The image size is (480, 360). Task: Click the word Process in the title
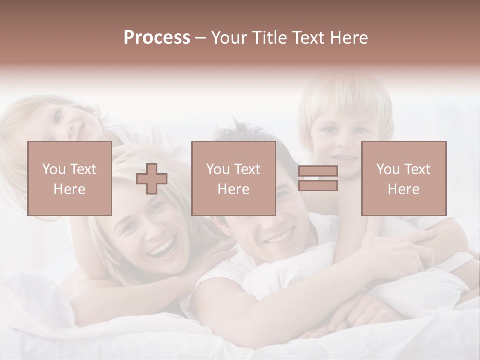[157, 38]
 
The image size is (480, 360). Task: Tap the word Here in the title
[347, 38]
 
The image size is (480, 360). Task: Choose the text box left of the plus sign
[70, 179]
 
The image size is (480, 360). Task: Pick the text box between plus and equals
[233, 179]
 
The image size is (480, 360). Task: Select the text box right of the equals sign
[403, 179]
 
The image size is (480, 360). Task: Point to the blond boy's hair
[345, 95]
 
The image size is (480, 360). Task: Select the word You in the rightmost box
[388, 169]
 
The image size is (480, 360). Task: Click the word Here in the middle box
[233, 189]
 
